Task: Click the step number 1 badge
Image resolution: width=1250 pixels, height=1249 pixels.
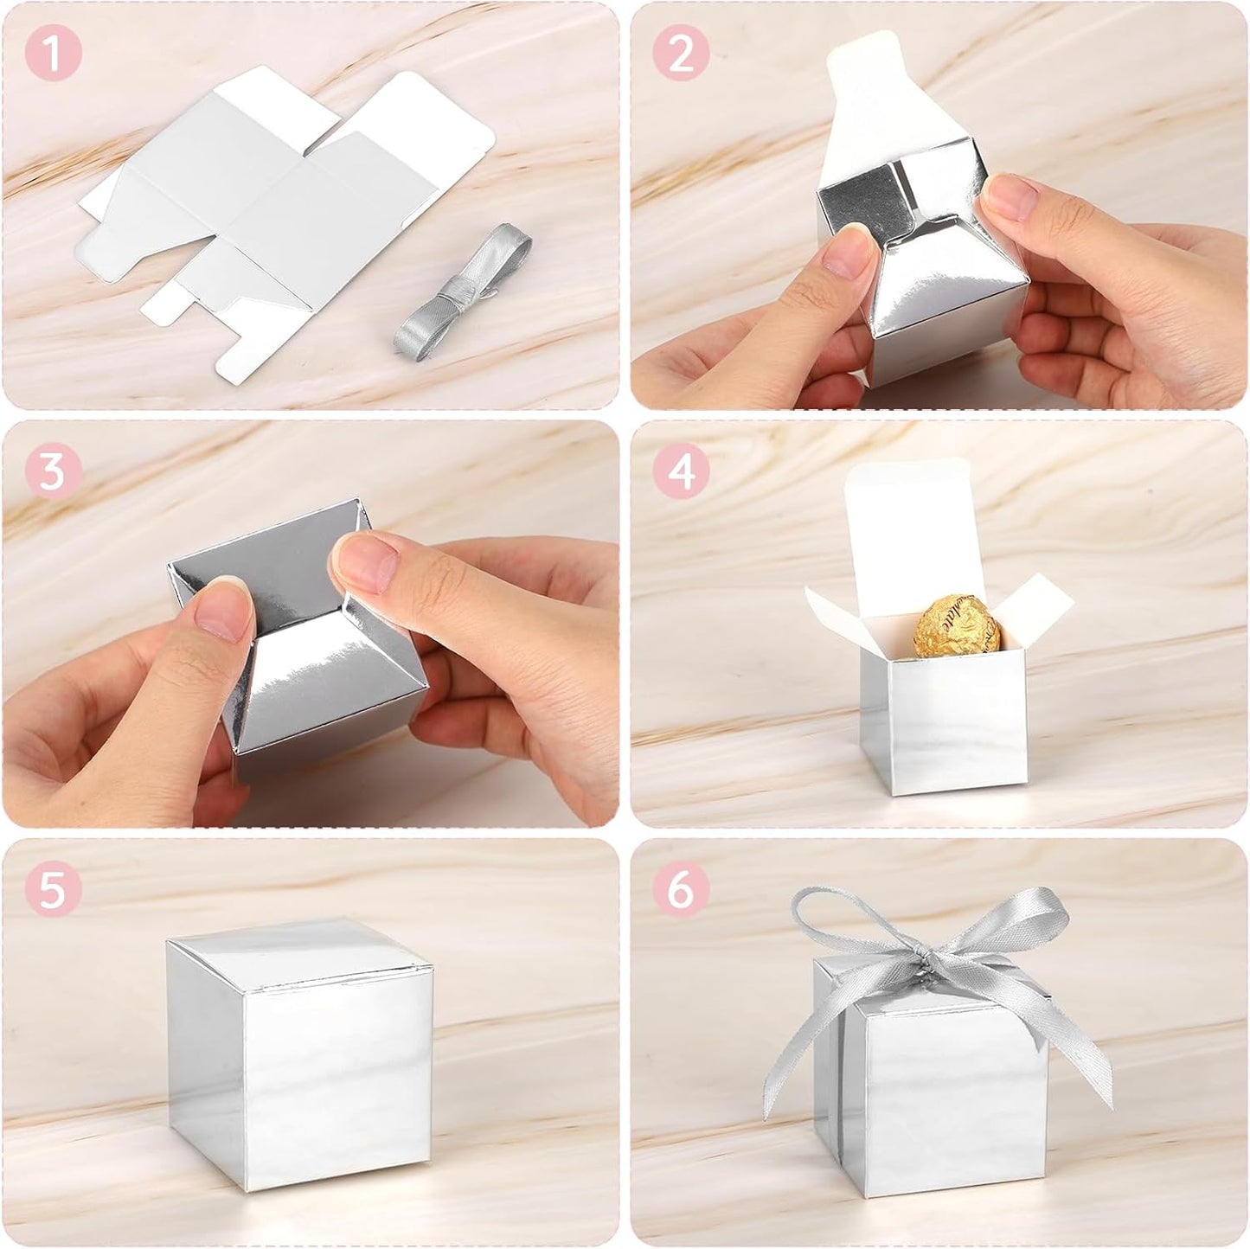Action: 53,54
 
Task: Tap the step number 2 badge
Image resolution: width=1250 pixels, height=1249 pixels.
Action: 682,54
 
